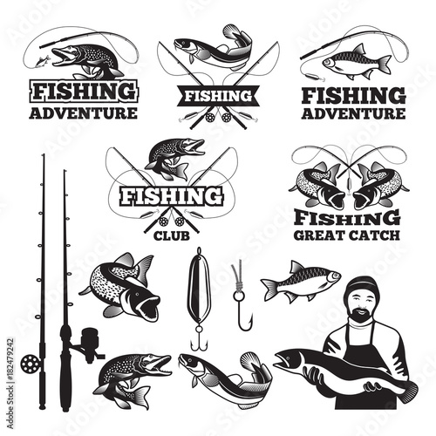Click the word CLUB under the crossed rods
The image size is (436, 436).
pyautogui.click(x=172, y=235)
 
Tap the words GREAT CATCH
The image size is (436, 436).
pyautogui.click(x=347, y=235)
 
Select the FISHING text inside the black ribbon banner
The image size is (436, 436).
pyautogui.click(x=218, y=96)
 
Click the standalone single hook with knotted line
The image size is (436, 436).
pyautogui.click(x=242, y=295)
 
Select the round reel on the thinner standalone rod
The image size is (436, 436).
pyautogui.click(x=30, y=364)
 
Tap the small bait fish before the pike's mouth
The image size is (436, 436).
pyautogui.click(x=42, y=61)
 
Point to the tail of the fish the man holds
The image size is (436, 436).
pyautogui.click(x=407, y=391)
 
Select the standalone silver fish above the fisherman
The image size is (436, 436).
pyautogui.click(x=301, y=282)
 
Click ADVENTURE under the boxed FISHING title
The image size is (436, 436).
pyautogui.click(x=83, y=113)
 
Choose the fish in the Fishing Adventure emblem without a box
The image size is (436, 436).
pyautogui.click(x=357, y=62)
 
